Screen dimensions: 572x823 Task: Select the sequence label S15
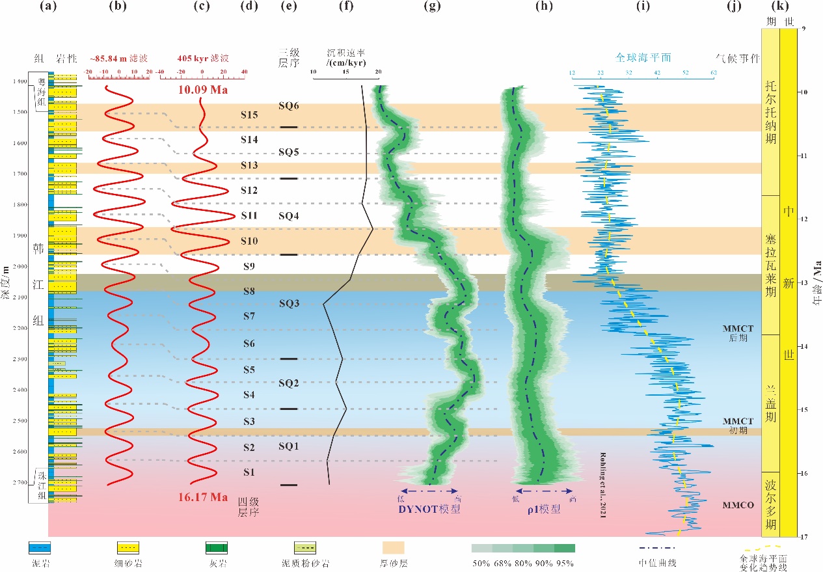(249, 115)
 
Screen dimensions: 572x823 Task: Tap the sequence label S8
(249, 292)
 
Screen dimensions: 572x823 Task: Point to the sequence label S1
(249, 472)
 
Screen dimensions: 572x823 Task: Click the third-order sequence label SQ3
(289, 303)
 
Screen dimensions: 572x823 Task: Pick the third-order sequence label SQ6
(289, 105)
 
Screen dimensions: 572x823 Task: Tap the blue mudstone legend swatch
(41, 547)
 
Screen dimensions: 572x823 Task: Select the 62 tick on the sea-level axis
(714, 73)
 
